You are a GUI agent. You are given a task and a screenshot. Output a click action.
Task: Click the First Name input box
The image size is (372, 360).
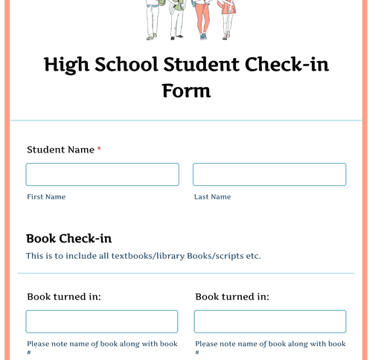coord(102,174)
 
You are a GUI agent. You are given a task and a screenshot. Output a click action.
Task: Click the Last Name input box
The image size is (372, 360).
coord(269,174)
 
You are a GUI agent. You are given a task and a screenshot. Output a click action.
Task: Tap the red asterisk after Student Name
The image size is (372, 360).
coord(99,150)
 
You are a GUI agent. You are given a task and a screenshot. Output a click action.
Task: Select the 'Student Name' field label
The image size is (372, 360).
coord(60,150)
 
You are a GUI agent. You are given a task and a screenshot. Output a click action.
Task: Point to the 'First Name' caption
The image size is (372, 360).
coord(45,197)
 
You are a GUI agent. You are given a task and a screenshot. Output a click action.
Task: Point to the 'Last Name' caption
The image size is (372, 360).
coord(212,197)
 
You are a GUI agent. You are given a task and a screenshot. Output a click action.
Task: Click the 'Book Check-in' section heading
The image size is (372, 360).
coord(68,239)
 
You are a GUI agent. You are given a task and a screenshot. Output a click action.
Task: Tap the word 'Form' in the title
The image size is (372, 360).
coord(186,91)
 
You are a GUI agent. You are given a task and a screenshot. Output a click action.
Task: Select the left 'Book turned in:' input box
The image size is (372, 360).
coord(102,321)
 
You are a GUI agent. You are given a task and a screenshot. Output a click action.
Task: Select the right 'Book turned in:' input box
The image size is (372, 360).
coord(269,321)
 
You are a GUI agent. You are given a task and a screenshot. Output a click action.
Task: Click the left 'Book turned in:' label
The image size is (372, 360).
coord(63,297)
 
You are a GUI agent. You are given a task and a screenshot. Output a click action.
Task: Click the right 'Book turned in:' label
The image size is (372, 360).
coord(232,297)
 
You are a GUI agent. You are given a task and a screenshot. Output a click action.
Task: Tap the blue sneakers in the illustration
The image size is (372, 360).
coord(202,36)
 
